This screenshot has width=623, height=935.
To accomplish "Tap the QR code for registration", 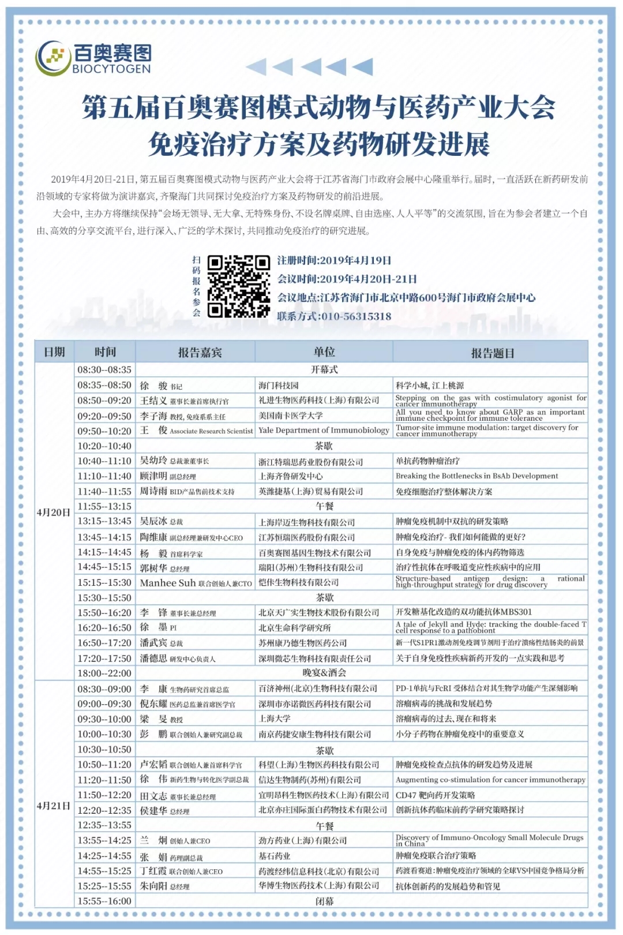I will (x=238, y=287).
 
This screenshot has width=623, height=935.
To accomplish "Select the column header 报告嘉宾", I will (x=200, y=352).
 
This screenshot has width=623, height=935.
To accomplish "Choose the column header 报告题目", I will (x=492, y=353).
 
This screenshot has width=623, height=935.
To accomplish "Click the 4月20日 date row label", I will (x=54, y=512).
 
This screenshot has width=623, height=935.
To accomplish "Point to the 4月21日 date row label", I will (x=54, y=805).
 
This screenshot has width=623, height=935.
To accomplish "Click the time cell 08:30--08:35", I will (x=104, y=369).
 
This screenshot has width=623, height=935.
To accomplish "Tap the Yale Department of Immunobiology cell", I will (x=324, y=431).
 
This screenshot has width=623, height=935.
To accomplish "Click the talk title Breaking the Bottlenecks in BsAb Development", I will (x=477, y=476).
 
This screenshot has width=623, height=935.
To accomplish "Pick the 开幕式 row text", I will (x=324, y=369).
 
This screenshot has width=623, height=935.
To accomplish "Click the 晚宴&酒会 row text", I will (x=324, y=673).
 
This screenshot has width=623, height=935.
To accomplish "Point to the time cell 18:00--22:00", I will (x=104, y=673).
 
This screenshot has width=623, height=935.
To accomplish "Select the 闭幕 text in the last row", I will (x=324, y=901).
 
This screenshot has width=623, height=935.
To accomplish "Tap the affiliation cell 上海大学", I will (x=275, y=719).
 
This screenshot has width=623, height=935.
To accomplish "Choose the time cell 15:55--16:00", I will (x=104, y=901).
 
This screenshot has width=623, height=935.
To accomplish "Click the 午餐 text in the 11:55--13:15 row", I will (x=324, y=507).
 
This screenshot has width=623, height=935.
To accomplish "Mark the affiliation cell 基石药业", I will (x=275, y=856).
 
